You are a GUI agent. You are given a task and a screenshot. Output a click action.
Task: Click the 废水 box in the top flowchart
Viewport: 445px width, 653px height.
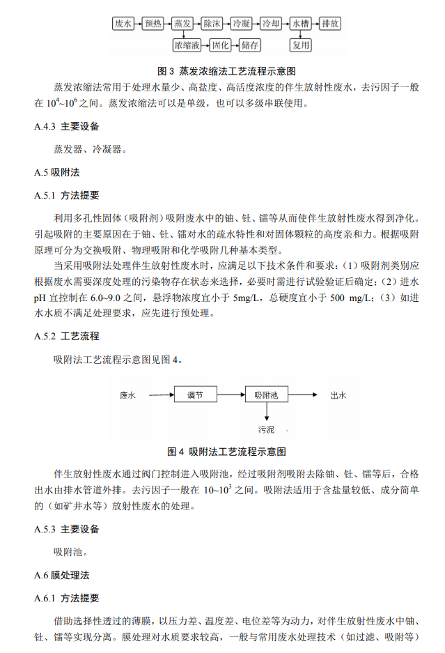tap(123, 24)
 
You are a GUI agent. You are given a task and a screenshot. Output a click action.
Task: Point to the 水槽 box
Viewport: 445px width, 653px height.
tap(301, 24)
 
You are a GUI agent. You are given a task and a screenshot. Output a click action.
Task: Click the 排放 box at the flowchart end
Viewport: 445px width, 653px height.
tap(330, 24)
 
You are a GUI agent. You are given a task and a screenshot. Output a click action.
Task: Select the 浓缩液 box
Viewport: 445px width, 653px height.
tap(187, 45)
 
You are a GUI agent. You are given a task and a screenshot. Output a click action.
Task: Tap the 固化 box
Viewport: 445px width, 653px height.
tap(221, 45)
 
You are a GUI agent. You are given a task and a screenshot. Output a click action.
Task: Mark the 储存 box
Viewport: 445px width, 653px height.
tap(250, 45)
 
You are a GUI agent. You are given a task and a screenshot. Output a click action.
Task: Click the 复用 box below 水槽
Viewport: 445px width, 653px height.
tap(301, 45)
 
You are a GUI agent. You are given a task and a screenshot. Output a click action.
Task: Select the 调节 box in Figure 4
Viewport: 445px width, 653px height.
tap(195, 395)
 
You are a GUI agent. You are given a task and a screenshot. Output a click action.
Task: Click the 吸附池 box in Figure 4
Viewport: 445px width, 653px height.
tap(266, 395)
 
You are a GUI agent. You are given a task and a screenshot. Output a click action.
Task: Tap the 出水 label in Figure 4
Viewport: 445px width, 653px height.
tap(338, 395)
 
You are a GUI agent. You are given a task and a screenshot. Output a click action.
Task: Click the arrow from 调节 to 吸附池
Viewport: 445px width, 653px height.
tap(231, 395)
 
